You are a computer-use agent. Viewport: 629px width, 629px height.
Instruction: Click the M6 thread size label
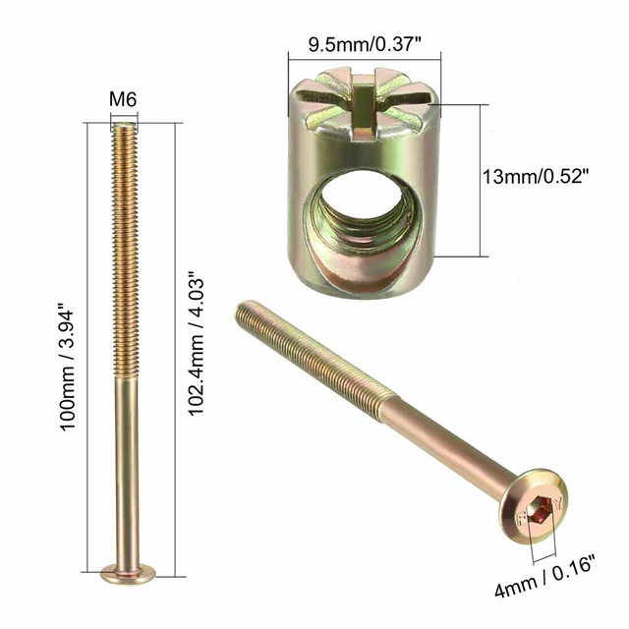tap(123, 99)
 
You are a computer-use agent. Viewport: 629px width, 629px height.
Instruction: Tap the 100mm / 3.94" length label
tap(78, 343)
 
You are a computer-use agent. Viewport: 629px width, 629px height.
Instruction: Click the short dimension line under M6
tap(124, 117)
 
